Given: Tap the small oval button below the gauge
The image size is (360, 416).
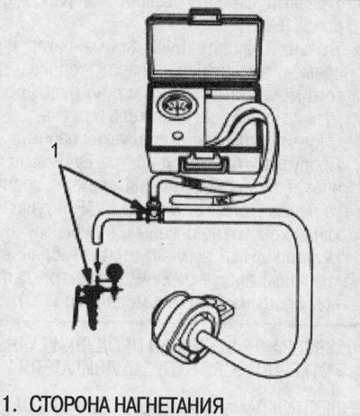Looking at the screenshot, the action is [x=178, y=135].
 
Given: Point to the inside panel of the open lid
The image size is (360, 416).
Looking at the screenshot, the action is [x=203, y=50].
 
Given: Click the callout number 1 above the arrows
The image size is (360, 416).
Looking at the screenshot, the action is [x=55, y=151].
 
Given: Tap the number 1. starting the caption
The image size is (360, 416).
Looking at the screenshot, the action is [x=10, y=405].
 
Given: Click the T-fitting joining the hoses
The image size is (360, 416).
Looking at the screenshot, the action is [x=152, y=212].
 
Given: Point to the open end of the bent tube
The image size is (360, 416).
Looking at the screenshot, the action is [x=98, y=241].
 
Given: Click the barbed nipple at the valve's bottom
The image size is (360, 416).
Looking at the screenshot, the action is [x=94, y=317].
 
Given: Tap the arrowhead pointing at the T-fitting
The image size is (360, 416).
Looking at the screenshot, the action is [x=137, y=204].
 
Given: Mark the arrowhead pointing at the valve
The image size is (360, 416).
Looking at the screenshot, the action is [x=87, y=272].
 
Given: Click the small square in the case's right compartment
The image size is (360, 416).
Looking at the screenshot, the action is [x=210, y=94].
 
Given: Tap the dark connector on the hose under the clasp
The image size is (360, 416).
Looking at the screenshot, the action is [x=192, y=183].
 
